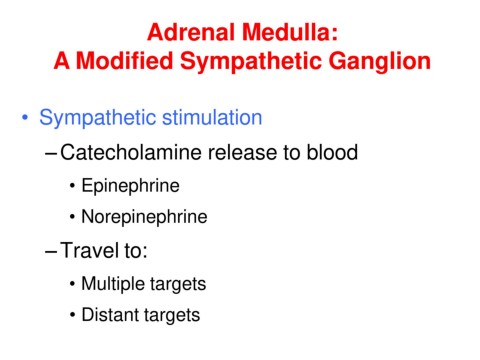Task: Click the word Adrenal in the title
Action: point(191,32)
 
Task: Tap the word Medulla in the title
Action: point(290,32)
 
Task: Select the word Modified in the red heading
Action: point(124,61)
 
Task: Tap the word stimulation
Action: point(212,117)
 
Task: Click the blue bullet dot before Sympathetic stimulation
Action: point(25,118)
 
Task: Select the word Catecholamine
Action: point(131,152)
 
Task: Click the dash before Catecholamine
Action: point(51,154)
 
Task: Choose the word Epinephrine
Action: point(131,186)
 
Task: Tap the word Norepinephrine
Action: point(144,217)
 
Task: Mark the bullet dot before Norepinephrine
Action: point(72,217)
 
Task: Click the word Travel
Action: point(90,250)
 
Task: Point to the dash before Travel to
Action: point(51,252)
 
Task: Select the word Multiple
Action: point(113,285)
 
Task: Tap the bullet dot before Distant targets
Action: point(72,315)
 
